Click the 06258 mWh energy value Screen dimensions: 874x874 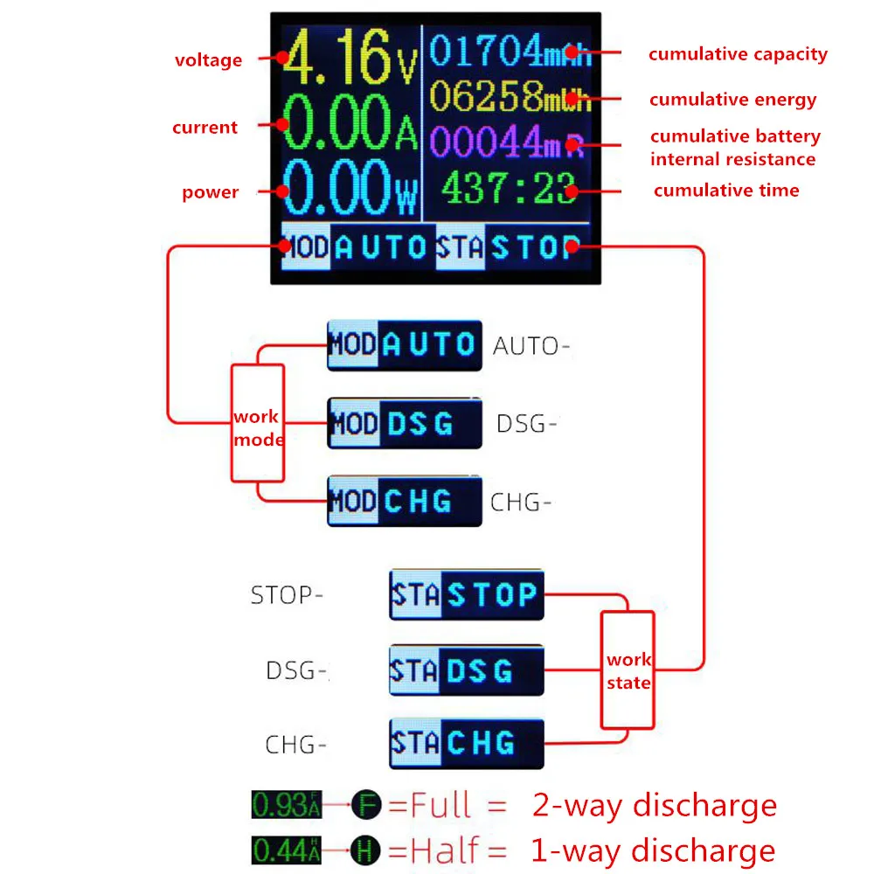click(x=499, y=96)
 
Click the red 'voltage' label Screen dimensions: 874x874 click(x=208, y=60)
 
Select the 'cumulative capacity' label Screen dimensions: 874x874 click(x=738, y=54)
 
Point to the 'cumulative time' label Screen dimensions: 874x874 click(x=726, y=191)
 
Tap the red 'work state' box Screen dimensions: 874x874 click(x=628, y=670)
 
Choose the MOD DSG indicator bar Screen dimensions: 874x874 click(x=405, y=424)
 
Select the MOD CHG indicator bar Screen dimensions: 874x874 click(x=405, y=501)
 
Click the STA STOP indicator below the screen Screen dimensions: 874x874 click(x=466, y=595)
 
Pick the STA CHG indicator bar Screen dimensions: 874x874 click(x=466, y=744)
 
